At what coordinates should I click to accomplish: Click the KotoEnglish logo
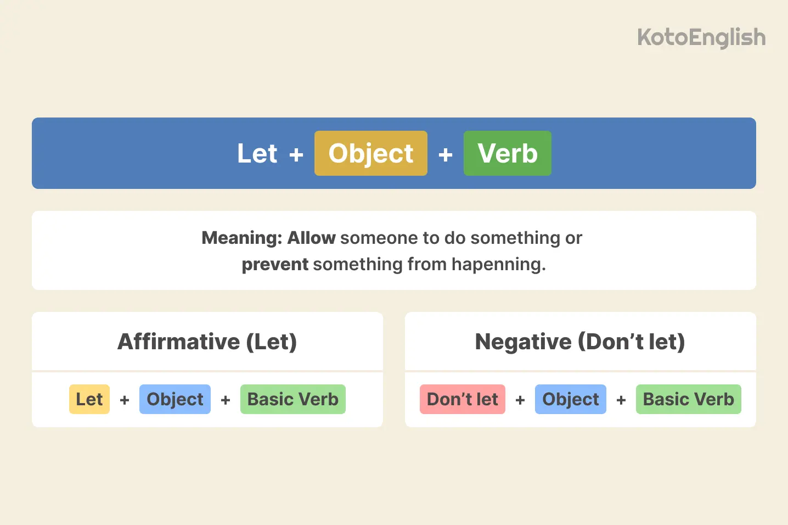(701, 37)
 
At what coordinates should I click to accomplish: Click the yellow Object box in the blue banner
(371, 153)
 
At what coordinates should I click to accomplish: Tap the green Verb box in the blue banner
(508, 153)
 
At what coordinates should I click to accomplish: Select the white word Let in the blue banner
(257, 153)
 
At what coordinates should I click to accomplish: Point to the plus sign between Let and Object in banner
(296, 155)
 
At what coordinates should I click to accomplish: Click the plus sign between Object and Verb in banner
(446, 155)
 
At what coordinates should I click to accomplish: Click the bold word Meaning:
(241, 238)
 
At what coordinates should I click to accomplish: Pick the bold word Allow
(311, 238)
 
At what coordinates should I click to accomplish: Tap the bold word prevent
(275, 264)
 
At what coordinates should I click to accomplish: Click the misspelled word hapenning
(498, 264)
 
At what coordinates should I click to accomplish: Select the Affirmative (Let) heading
(207, 342)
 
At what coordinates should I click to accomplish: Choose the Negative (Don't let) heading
(580, 342)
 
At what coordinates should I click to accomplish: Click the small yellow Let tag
(89, 399)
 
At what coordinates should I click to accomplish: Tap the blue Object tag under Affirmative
(175, 399)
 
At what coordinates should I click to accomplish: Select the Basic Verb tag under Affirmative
(293, 399)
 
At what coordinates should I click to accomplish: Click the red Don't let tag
(463, 399)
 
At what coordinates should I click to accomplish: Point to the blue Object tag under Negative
(571, 399)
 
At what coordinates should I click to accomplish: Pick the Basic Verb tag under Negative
(689, 399)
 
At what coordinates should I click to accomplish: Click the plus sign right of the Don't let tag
(520, 400)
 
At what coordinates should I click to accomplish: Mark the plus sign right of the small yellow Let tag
(125, 400)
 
